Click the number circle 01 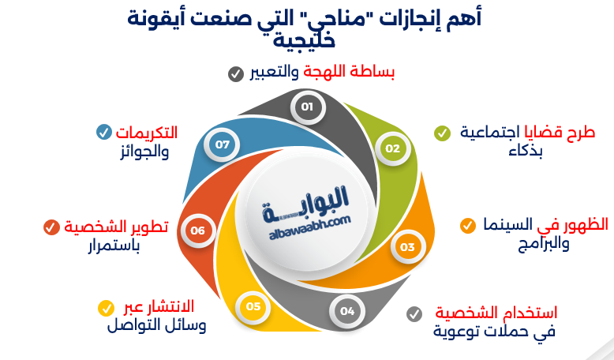(x=308, y=107)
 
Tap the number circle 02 (x=392, y=148)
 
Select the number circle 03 (x=407, y=247)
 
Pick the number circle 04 (x=347, y=310)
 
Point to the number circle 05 (x=253, y=306)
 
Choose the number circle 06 (x=197, y=231)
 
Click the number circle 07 (x=222, y=144)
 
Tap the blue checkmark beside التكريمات (x=103, y=132)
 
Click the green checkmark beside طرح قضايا (x=442, y=133)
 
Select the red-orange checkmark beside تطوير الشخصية (x=51, y=227)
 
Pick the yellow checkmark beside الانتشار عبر (x=105, y=307)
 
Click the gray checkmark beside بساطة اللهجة (x=235, y=74)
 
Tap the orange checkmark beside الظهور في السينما (x=468, y=225)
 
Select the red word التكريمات (x=147, y=132)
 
